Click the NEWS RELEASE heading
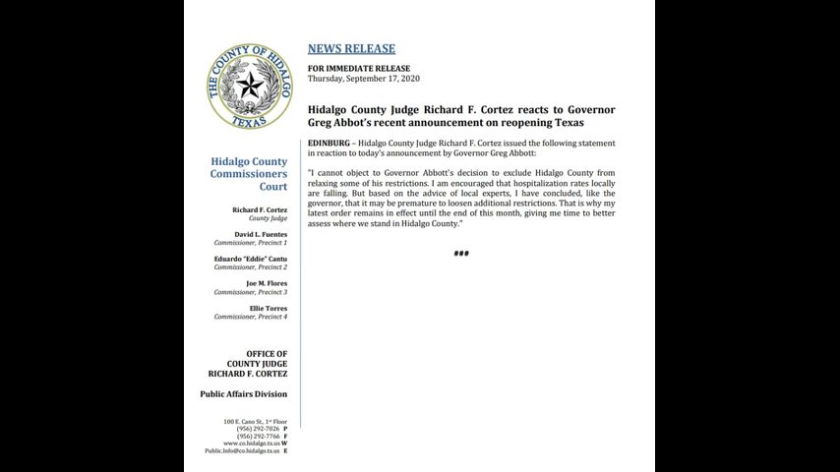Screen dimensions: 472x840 point(351,49)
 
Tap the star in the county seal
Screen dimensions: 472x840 point(249,86)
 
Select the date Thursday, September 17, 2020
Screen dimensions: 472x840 point(364,78)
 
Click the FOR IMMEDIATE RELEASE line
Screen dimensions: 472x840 point(358,68)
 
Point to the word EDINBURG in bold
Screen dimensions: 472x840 point(330,143)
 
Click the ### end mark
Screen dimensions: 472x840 point(461,254)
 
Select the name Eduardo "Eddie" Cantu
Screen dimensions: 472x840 point(251,259)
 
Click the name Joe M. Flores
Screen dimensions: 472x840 point(267,283)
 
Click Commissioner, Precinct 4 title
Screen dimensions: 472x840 point(251,317)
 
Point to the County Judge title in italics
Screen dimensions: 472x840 point(267,218)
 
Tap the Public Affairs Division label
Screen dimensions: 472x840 point(244,394)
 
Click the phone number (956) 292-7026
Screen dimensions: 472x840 point(258,429)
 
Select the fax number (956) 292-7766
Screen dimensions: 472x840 point(258,436)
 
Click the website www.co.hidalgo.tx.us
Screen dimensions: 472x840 point(251,443)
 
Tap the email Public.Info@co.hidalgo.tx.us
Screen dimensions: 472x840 point(242,450)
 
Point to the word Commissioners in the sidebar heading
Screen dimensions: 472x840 point(249,174)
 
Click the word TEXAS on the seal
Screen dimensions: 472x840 point(249,122)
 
